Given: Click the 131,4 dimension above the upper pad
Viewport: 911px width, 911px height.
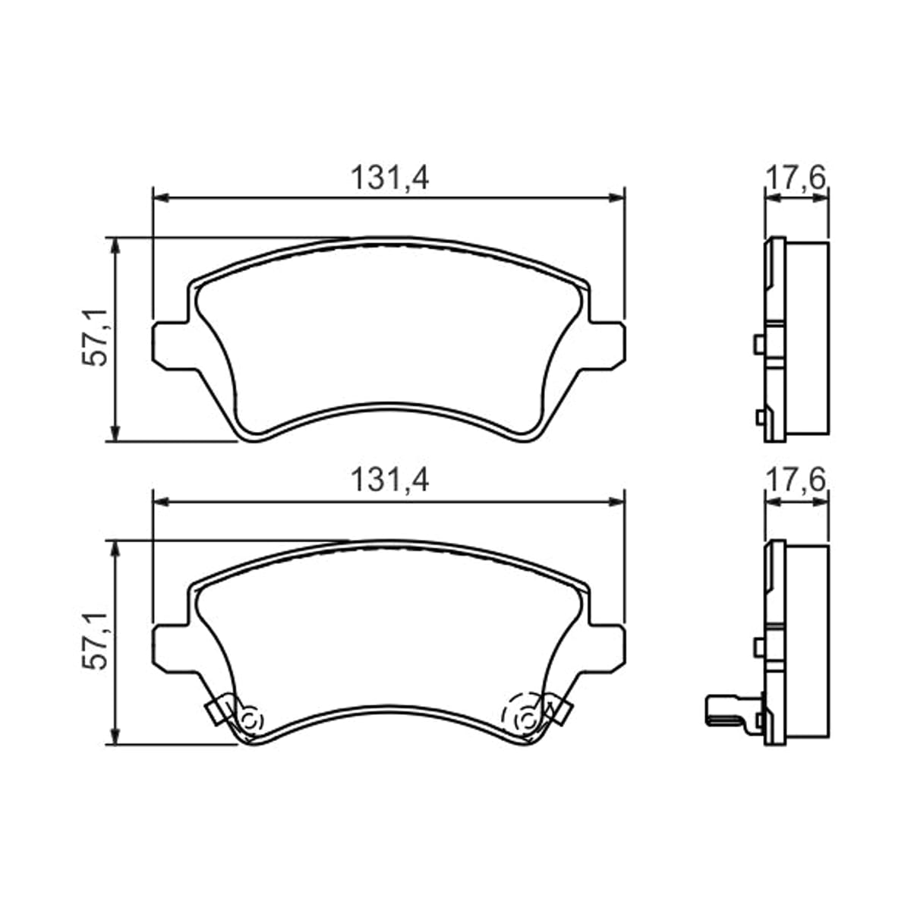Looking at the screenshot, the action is (389, 178).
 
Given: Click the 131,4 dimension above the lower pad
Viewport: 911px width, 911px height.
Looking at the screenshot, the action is (389, 481).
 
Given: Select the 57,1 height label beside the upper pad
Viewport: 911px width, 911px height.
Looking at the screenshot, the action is (95, 337).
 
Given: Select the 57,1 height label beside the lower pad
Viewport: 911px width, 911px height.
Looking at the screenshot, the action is (95, 640).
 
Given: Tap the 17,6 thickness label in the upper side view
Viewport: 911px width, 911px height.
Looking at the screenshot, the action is (795, 178).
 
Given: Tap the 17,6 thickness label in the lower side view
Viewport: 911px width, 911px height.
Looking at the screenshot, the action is (795, 480).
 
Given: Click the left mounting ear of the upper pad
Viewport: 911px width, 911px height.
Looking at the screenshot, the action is (170, 346).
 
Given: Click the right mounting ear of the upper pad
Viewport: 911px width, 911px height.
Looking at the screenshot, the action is (607, 346).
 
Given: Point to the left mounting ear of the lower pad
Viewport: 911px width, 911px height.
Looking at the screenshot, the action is (170, 648).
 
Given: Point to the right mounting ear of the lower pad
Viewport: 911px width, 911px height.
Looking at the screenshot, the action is (607, 648).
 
